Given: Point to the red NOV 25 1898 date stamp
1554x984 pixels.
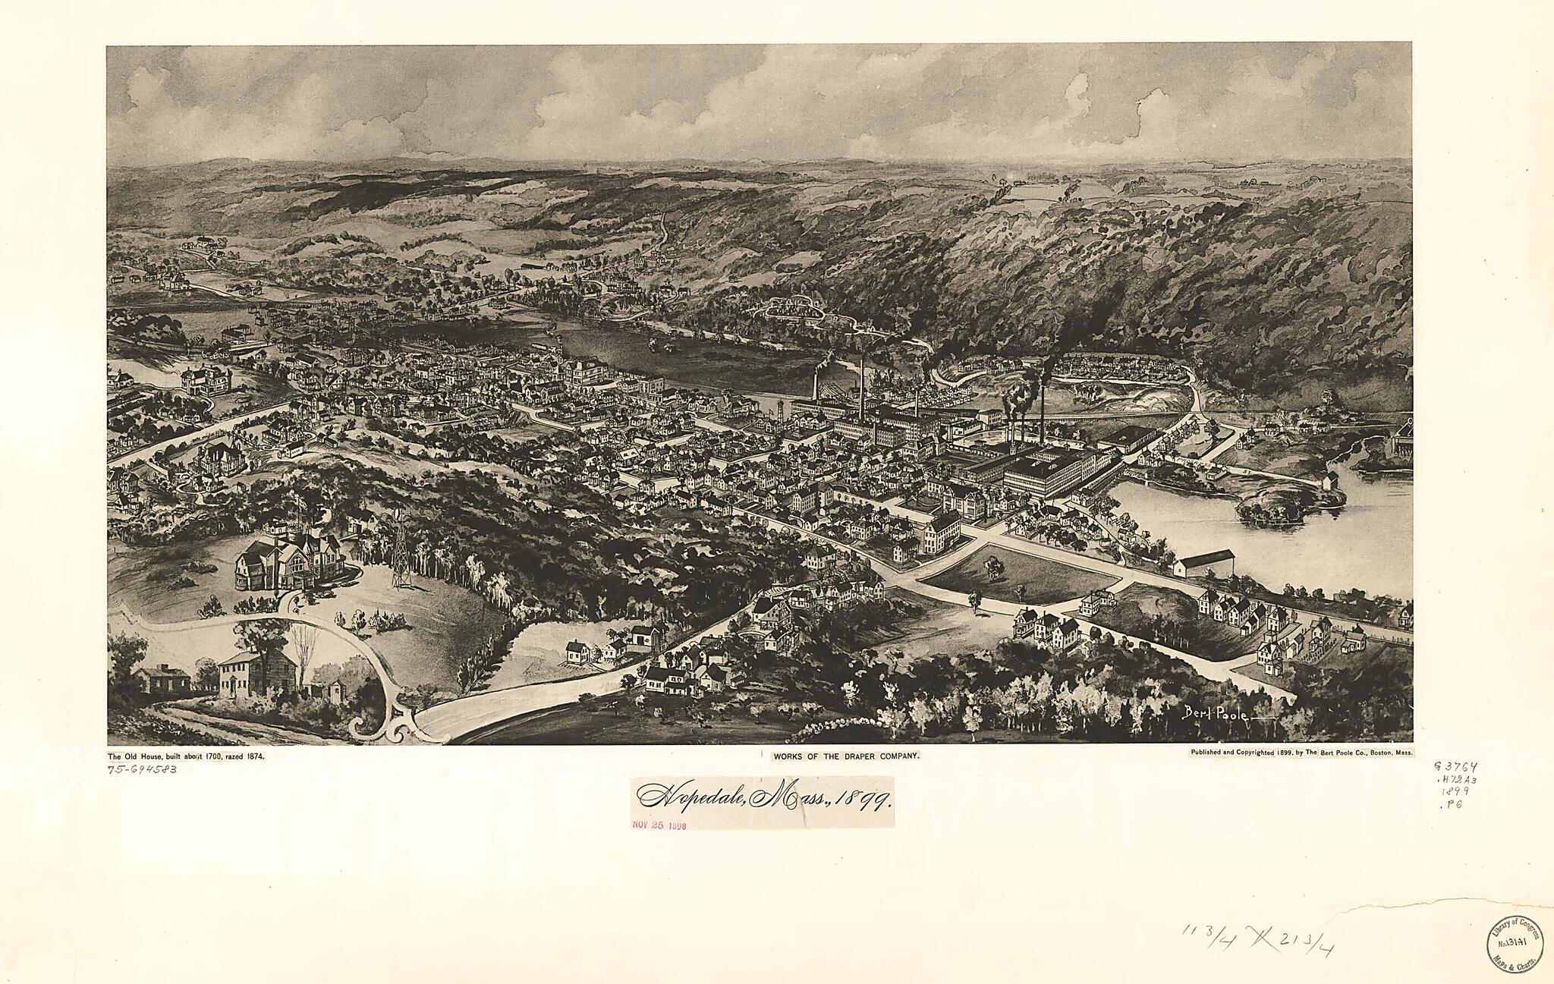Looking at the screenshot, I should click(659, 826).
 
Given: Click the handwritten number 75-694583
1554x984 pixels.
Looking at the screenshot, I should click(143, 769).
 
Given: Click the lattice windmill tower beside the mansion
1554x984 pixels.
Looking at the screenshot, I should click(399, 552).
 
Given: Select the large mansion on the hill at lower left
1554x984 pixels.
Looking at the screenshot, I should click(288, 561).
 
